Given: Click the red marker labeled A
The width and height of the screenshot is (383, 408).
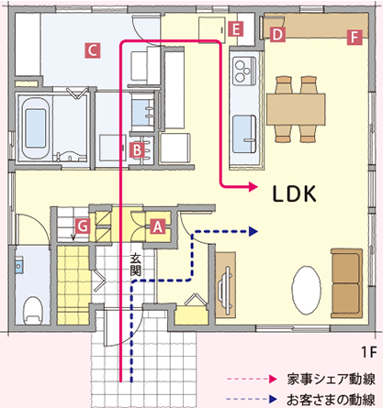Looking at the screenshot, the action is click(x=158, y=226).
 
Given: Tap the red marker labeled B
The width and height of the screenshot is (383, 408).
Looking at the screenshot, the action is click(x=137, y=149).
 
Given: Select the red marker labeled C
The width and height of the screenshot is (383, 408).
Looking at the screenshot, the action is click(x=93, y=50).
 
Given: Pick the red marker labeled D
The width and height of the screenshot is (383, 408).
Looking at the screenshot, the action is click(x=277, y=35).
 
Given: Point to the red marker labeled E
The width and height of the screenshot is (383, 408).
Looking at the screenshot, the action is click(x=236, y=29).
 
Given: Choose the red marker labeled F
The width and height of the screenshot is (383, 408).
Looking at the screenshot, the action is click(x=355, y=38).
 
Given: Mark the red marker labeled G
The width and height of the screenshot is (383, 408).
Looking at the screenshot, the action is click(x=83, y=226).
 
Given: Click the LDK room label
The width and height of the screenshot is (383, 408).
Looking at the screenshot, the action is click(x=294, y=194).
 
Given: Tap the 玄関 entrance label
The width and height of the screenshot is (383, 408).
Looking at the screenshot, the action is click(x=135, y=264).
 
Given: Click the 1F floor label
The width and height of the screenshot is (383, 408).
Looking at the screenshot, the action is click(x=368, y=352).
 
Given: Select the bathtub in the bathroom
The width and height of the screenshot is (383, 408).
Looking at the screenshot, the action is click(x=35, y=128).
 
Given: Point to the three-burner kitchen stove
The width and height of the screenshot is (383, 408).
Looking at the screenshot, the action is click(x=244, y=71).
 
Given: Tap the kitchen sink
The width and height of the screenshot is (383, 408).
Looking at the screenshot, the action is click(x=244, y=134).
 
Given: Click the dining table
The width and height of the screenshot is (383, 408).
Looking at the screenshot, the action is click(x=296, y=109).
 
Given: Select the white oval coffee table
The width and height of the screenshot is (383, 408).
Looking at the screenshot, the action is click(x=307, y=290).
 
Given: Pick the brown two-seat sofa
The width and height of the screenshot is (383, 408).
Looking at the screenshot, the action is click(x=346, y=283).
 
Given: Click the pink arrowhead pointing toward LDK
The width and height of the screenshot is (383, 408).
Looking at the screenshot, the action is click(x=253, y=186).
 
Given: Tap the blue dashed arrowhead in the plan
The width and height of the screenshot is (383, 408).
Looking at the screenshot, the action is click(x=253, y=231).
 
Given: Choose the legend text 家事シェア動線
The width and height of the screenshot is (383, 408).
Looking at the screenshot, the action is click(x=331, y=380).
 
